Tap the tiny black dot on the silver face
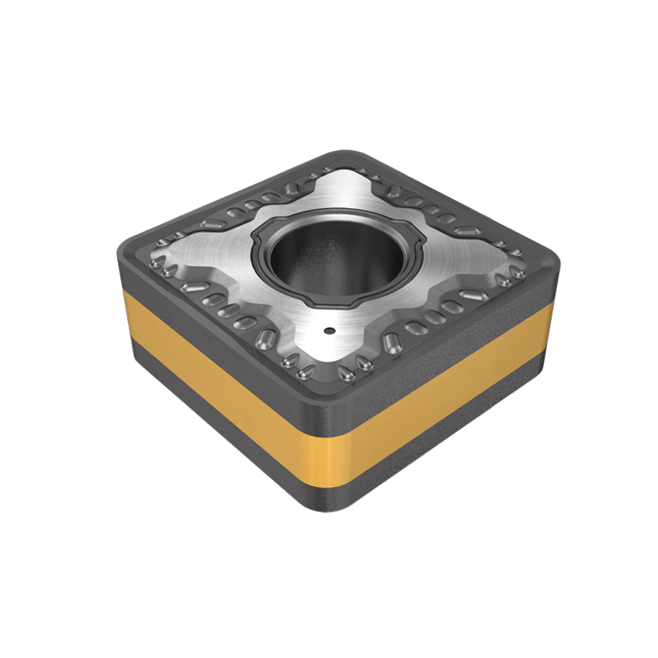[329, 331]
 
